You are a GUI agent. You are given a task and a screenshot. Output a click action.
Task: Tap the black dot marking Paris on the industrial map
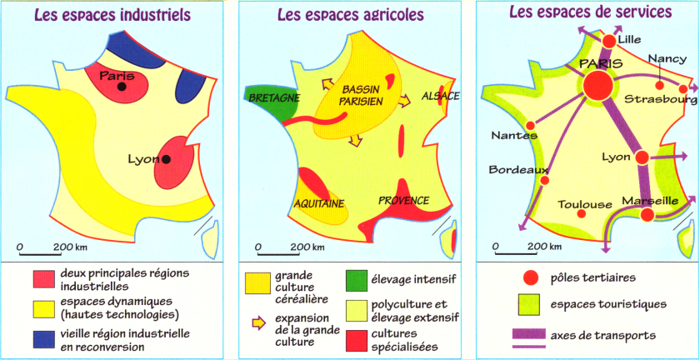[x=122, y=87]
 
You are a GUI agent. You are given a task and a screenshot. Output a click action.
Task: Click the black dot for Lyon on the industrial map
[x=167, y=159]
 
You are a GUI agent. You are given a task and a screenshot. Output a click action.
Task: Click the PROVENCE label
[x=403, y=200]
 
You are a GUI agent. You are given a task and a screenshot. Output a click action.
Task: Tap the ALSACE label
[x=441, y=96]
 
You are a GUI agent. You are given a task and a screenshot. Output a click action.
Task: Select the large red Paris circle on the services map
[x=597, y=85]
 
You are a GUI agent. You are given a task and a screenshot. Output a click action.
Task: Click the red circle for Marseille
[x=647, y=215]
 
